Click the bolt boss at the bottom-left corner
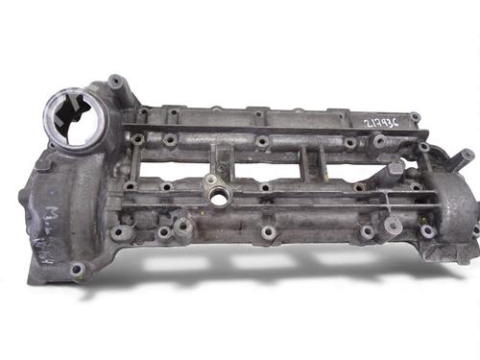pyautogui.click(x=76, y=270)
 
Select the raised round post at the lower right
pyautogui.click(x=393, y=226)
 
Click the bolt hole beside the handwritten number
pyautogui.click(x=414, y=118)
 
